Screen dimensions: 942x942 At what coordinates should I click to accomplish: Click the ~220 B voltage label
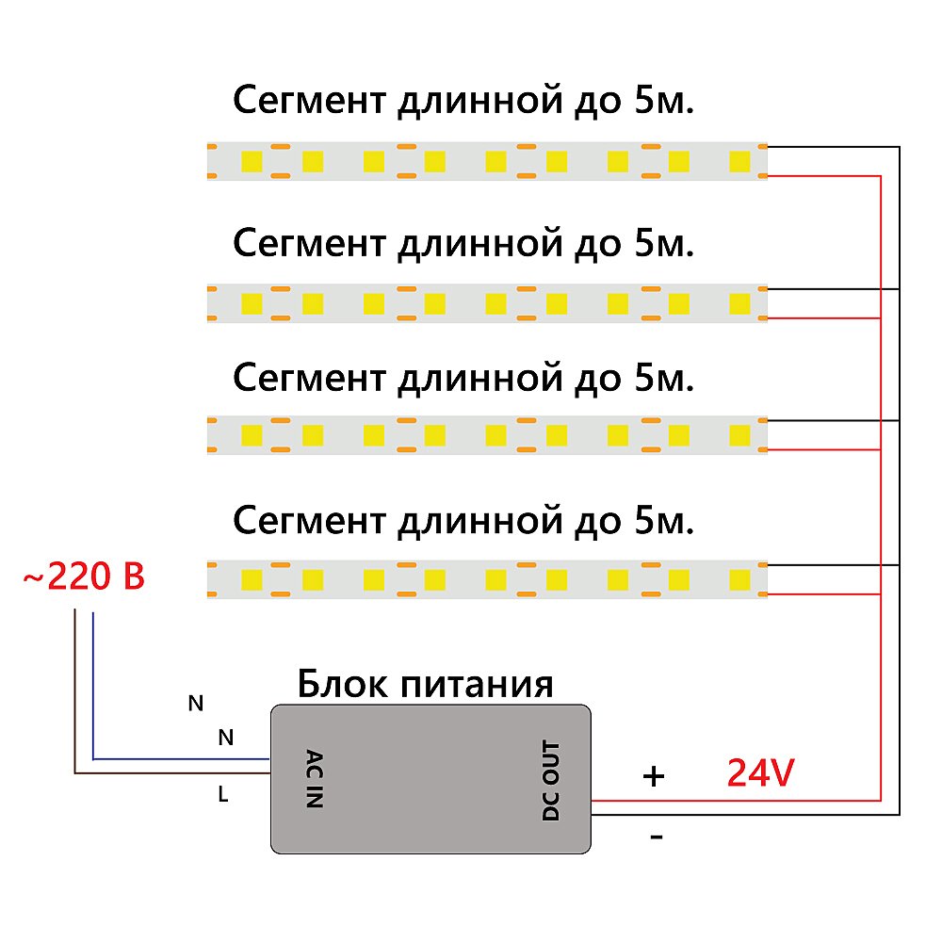[x=83, y=577]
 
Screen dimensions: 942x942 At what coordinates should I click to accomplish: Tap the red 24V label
[x=760, y=773]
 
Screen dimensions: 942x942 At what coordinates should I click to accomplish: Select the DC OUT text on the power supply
[x=551, y=781]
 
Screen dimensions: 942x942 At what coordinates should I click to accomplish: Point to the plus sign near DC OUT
[x=653, y=776]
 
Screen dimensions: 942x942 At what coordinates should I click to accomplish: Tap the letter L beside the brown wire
[x=223, y=795]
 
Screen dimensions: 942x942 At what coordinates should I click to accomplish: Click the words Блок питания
[x=425, y=684]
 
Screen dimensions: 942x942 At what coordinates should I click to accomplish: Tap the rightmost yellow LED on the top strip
[x=739, y=161]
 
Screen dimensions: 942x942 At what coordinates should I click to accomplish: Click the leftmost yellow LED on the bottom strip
[x=252, y=577]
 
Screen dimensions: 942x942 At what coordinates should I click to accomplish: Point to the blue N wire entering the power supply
[x=188, y=757]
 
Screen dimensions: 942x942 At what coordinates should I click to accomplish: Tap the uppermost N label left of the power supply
[x=195, y=703]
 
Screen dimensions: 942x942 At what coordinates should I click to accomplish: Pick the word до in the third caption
[x=594, y=379]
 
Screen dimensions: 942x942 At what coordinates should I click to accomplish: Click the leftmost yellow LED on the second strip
[x=252, y=303]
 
